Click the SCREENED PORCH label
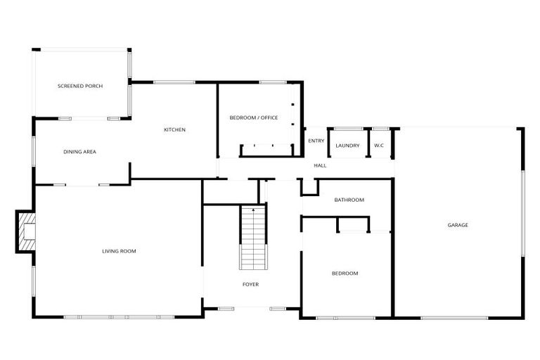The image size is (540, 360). [79, 86]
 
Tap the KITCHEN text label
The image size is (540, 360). [174, 129]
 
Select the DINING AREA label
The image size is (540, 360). [79, 152]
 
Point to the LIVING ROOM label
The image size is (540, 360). [119, 251]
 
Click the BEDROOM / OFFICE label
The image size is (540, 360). [254, 117]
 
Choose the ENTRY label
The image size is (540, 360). [316, 141]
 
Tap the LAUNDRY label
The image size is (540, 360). [347, 146]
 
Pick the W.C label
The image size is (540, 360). [378, 146]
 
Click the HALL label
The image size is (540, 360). [320, 165]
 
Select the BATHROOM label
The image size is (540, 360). [349, 200]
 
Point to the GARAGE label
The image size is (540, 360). [458, 225]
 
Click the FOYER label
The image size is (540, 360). [250, 285]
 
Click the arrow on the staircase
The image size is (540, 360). [253, 211]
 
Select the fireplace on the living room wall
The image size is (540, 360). [26, 231]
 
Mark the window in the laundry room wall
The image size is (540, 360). [348, 129]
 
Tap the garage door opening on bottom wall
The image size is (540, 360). [454, 318]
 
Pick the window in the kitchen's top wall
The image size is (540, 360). [174, 82]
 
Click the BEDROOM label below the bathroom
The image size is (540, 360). [345, 273]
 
